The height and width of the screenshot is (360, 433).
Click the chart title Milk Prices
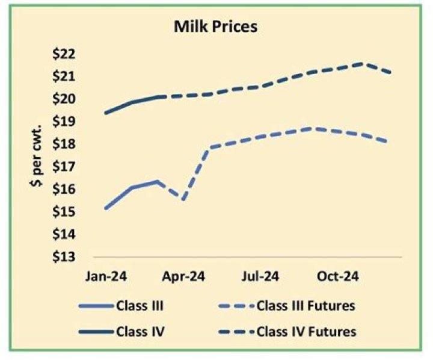point(216,27)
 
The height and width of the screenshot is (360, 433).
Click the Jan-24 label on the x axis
point(105,277)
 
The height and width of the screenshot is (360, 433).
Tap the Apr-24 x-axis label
point(184,277)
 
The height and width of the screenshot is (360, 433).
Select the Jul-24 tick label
point(260,277)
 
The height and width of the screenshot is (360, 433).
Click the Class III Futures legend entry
point(306,306)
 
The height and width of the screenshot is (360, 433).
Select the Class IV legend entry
point(140,331)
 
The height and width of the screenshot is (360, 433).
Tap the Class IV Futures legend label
point(306,331)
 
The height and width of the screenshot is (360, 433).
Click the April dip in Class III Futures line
point(183,200)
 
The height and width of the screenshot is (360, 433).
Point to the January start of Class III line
point(106,208)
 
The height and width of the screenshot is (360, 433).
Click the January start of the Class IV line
point(106,113)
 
